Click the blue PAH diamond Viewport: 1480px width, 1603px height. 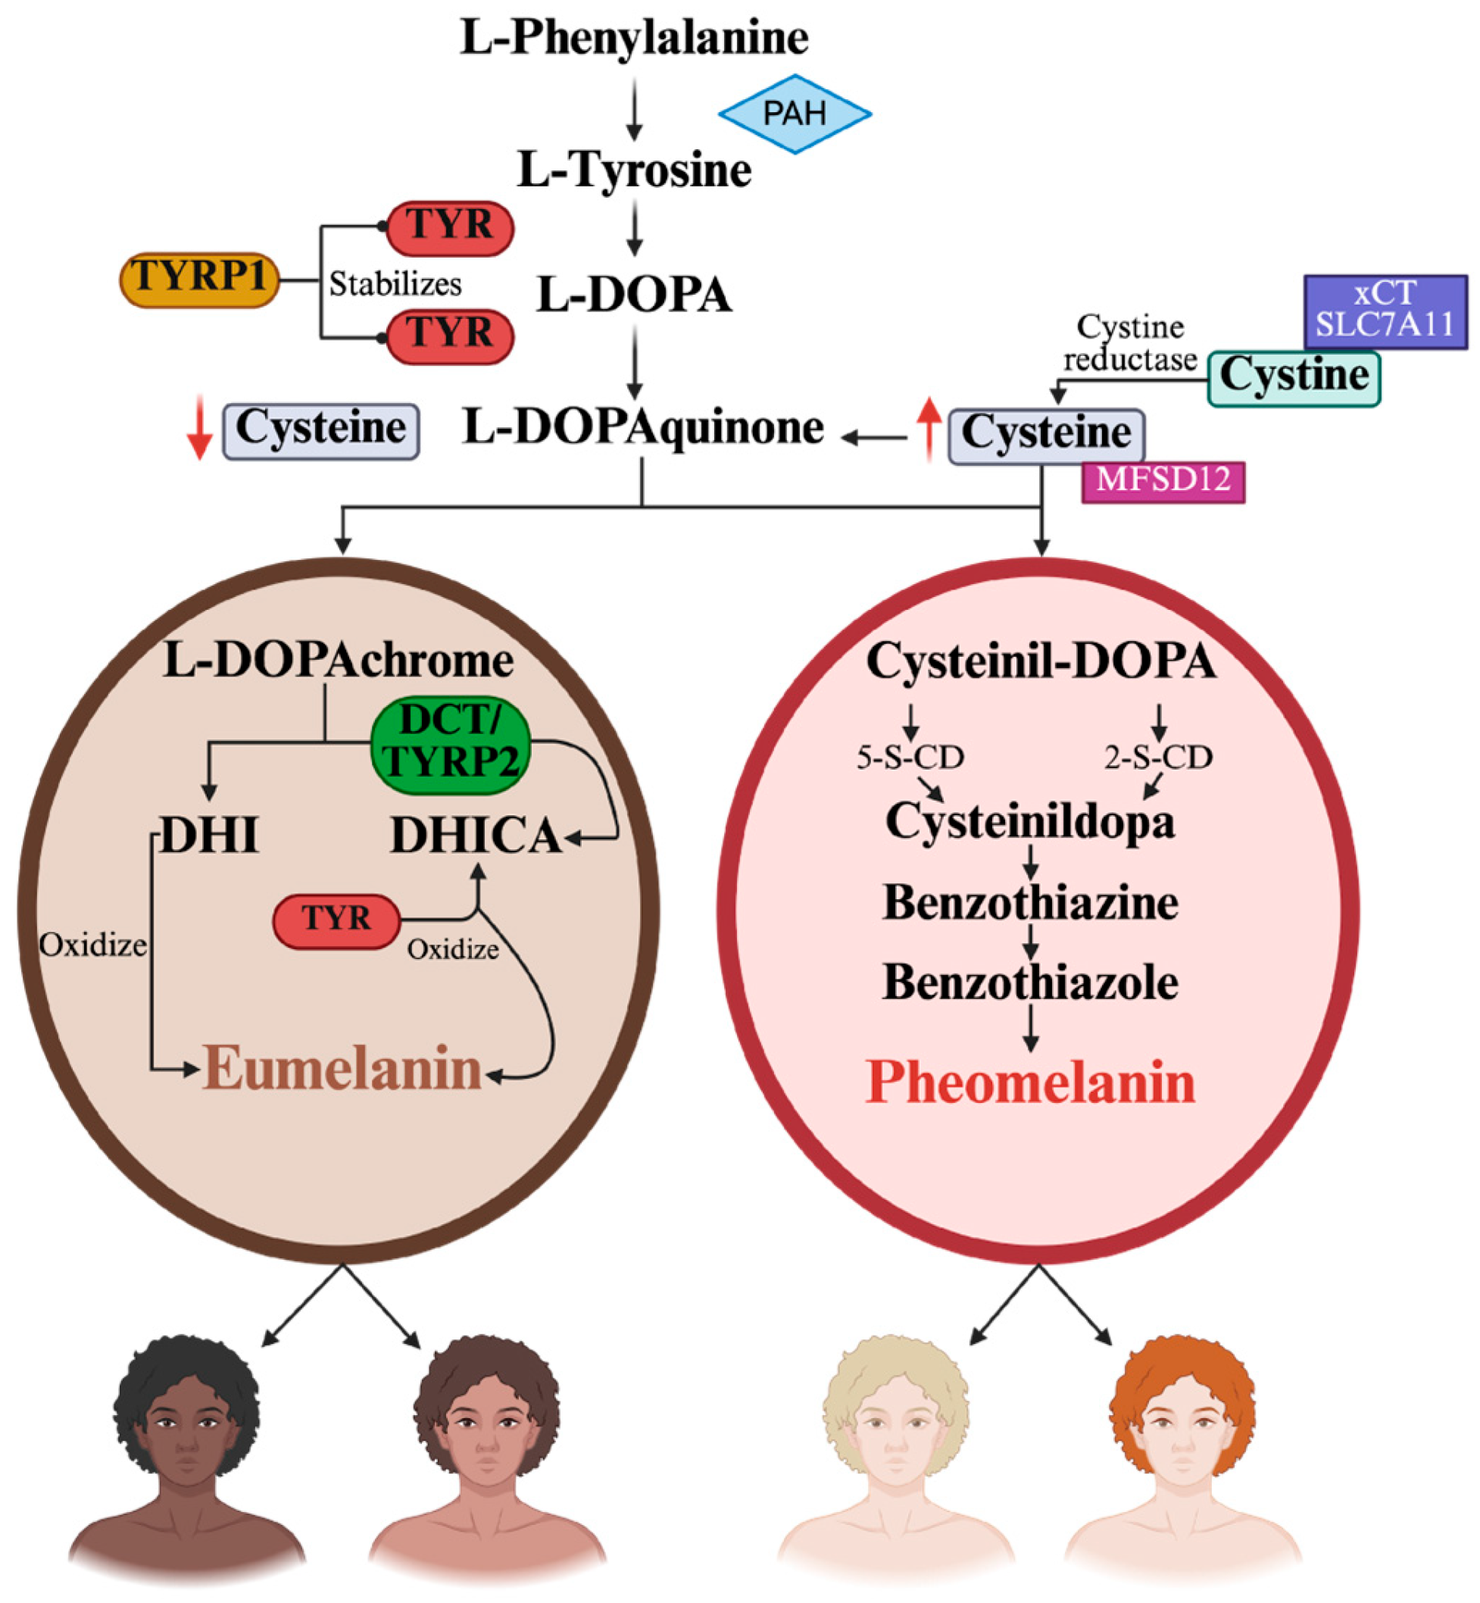click(x=795, y=114)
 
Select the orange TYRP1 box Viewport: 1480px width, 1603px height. click(x=199, y=280)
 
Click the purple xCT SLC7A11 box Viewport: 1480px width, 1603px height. click(x=1385, y=311)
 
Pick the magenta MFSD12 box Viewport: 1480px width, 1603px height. click(x=1163, y=480)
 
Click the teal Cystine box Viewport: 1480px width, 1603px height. click(x=1294, y=377)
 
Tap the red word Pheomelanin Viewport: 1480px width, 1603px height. click(x=1031, y=1083)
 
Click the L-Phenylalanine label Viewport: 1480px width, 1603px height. click(x=633, y=38)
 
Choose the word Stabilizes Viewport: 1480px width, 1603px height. click(x=395, y=284)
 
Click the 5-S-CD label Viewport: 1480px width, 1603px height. click(x=910, y=757)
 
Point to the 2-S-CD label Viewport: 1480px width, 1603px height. click(x=1158, y=757)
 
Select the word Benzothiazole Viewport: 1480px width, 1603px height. click(x=1030, y=982)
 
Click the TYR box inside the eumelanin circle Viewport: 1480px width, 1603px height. click(x=336, y=921)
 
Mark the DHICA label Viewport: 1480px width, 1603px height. click(x=476, y=837)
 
